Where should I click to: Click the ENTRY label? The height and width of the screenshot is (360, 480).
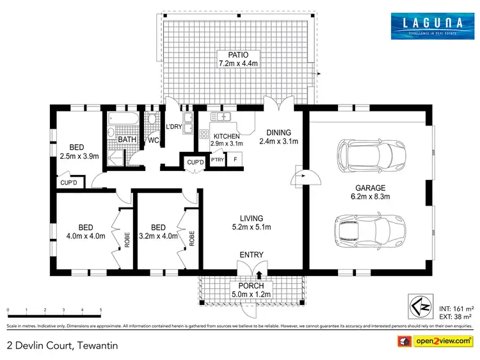coord(252,255)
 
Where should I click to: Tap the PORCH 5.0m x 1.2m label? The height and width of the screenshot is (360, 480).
coord(251,290)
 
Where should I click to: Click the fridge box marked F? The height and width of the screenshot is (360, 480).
coord(235,159)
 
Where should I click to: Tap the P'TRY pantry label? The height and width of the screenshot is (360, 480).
coord(216,160)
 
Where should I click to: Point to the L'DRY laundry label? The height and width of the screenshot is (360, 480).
coord(174,126)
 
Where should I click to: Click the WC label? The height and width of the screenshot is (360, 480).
coord(153,140)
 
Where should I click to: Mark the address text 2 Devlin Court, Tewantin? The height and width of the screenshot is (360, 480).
coord(62,345)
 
